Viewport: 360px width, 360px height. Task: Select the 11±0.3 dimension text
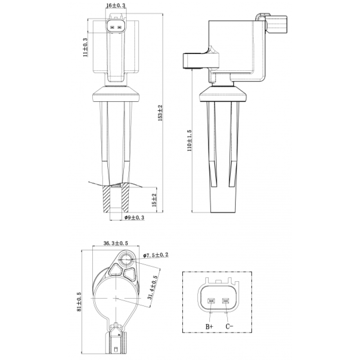coord(85,47)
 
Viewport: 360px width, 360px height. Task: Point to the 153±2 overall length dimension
coord(160,113)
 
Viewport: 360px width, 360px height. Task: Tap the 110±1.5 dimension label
coord(189,140)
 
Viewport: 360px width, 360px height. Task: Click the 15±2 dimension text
coord(154,200)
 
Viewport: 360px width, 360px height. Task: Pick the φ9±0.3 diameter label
coord(134,217)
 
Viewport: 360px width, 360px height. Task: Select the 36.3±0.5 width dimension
coord(116,243)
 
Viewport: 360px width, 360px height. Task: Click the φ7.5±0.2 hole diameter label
coord(156,255)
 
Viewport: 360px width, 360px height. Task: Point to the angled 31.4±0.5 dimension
coord(153,287)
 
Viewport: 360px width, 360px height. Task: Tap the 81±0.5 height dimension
coord(79,301)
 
